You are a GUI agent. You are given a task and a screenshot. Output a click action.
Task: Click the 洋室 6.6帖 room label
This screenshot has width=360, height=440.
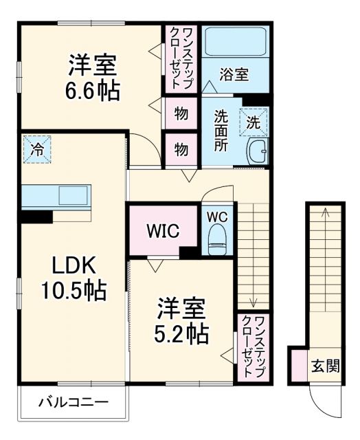pyautogui.click(x=92, y=77)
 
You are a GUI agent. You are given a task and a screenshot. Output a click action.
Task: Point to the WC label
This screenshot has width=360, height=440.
pyautogui.click(x=217, y=215)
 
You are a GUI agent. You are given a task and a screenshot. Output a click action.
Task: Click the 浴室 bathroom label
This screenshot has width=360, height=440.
pyautogui.click(x=234, y=75)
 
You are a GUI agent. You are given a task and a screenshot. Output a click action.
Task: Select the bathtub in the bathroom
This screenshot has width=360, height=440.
pyautogui.click(x=236, y=43)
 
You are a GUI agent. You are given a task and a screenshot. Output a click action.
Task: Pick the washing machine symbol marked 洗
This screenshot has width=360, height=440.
pyautogui.click(x=254, y=123)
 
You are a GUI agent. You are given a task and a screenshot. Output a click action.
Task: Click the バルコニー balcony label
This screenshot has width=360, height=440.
pyautogui.click(x=73, y=401)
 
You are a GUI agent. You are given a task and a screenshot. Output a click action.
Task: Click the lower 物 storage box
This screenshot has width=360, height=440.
pyautogui.click(x=181, y=149)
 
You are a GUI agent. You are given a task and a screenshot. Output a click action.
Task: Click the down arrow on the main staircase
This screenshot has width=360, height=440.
pyautogui.click(x=253, y=300)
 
